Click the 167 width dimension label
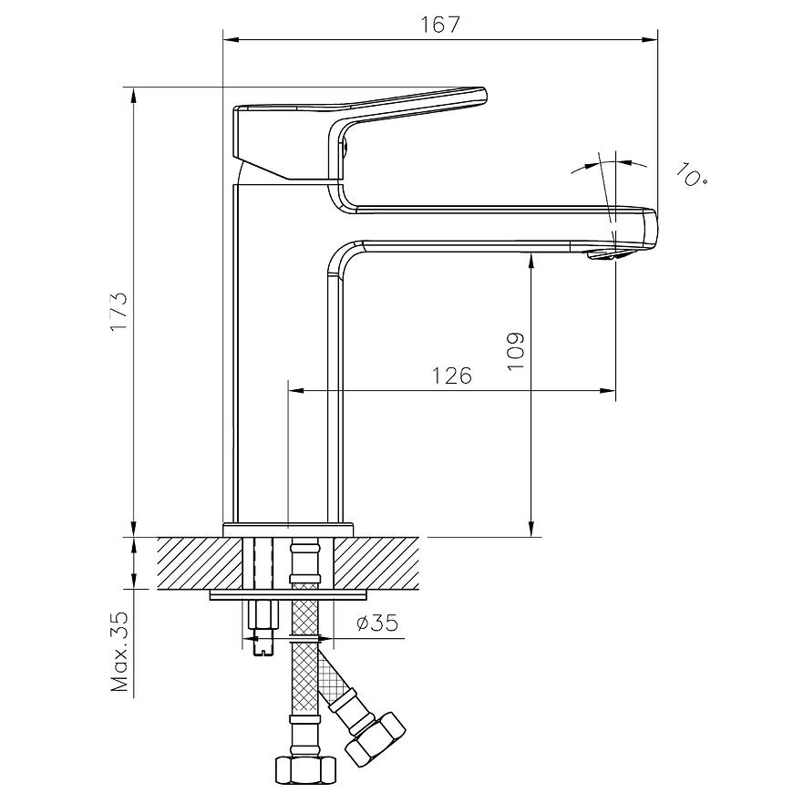tap(440, 25)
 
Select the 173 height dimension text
tap(120, 312)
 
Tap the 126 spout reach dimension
tap(451, 376)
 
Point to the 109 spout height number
tap(515, 351)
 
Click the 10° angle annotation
tap(691, 174)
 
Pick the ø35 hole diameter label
tap(377, 623)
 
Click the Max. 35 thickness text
tap(120, 653)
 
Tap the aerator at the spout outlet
tap(604, 254)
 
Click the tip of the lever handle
tap(484, 95)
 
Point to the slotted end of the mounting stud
tap(263, 646)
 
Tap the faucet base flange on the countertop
tap(288, 530)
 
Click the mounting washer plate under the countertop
tap(288, 594)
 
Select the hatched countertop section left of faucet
tap(201, 563)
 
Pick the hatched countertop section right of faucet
tap(376, 563)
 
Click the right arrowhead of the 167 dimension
tap(651, 39)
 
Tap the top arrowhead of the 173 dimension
tap(134, 96)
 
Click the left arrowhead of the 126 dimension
tap(295, 390)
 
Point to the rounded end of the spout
tap(650, 229)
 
